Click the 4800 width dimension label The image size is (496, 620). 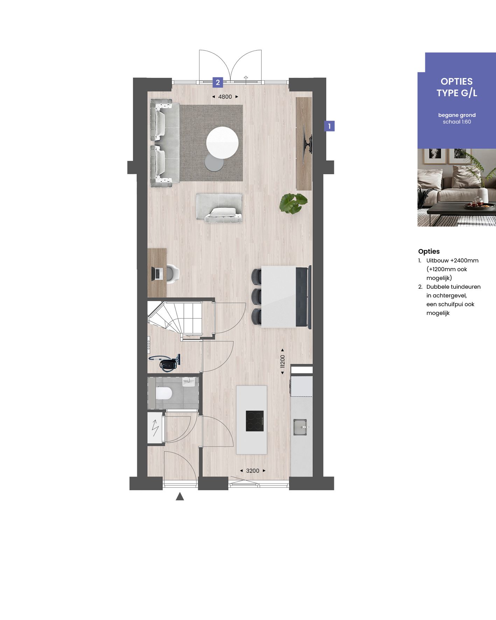coord(225,97)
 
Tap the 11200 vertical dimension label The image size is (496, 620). coord(283,361)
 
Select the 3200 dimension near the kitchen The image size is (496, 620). coord(252,471)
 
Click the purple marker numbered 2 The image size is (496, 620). coord(218,83)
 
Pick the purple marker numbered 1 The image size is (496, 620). coord(329,126)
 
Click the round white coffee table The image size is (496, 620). coord(222,143)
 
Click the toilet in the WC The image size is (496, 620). coord(163,394)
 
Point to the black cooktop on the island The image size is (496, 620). coord(254,421)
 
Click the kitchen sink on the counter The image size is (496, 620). coord(300,427)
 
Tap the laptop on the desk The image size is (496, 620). coord(157,273)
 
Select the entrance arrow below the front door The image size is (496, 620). coord(180,496)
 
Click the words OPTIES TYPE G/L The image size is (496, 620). coord(456,87)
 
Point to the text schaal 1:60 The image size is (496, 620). coord(457,122)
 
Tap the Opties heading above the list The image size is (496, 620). coord(429,251)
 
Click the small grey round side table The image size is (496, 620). coord(214,163)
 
